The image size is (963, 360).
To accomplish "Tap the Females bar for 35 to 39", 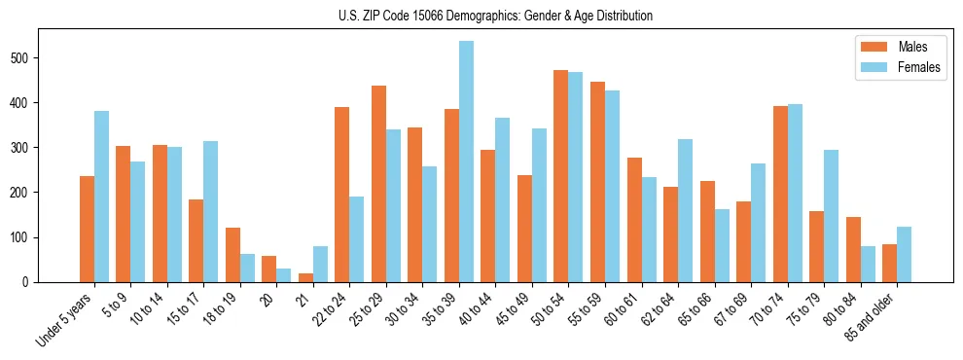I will click(x=466, y=162).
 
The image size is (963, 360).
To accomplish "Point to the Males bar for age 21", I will click(x=305, y=277).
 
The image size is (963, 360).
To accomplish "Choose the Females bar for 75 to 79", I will click(x=831, y=216).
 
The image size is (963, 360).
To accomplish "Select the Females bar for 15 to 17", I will click(x=211, y=211).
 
